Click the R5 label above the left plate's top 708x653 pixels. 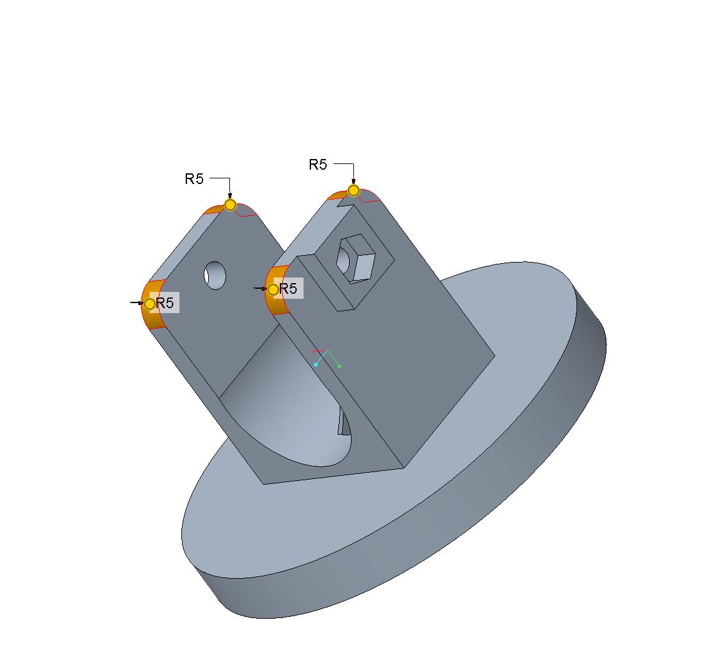194,179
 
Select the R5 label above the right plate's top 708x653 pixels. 318,165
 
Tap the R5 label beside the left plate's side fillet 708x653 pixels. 165,302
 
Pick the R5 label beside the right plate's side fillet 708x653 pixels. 289,288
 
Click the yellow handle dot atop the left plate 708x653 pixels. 230,205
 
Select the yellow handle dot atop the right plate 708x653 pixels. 353,191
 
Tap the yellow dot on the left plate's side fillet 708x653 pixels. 150,304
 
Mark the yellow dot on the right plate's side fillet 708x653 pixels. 273,289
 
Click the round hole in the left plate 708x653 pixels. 215,275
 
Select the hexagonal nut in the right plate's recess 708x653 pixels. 356,258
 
